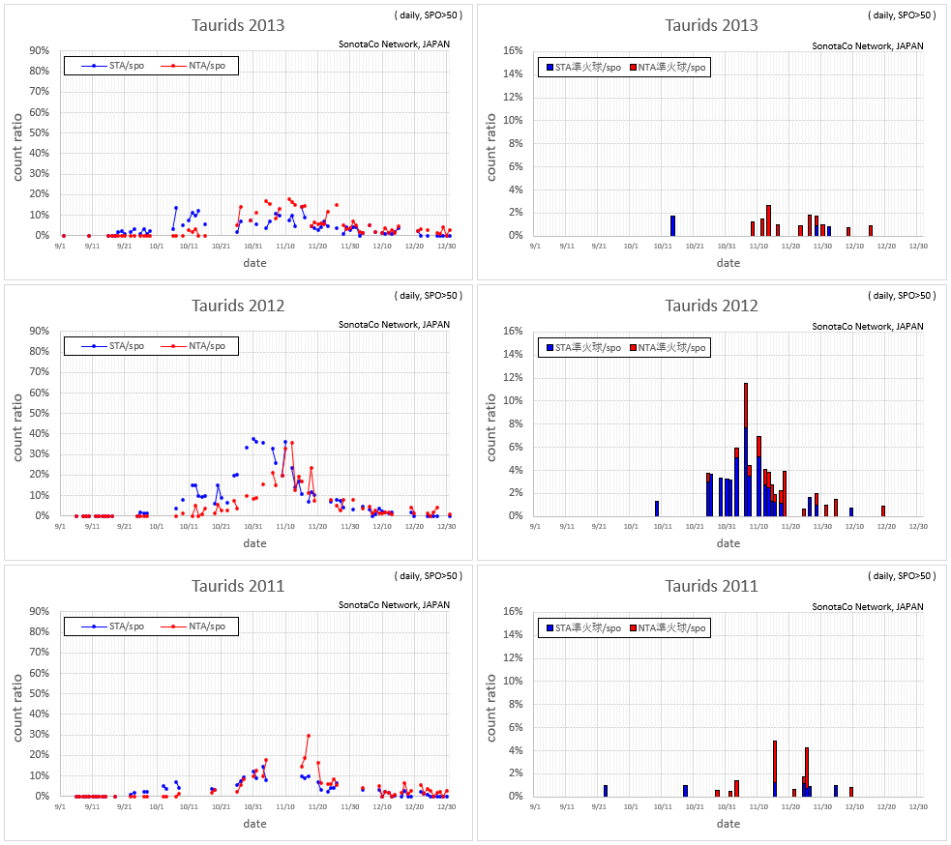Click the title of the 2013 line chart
click(x=238, y=25)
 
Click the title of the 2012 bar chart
click(x=711, y=306)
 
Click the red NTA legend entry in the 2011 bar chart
click(x=669, y=627)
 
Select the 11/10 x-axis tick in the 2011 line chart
click(x=285, y=806)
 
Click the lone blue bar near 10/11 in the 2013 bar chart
click(x=672, y=225)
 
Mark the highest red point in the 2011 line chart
click(x=308, y=736)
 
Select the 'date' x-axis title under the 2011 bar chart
click(x=728, y=824)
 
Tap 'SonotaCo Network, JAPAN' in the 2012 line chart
click(x=394, y=325)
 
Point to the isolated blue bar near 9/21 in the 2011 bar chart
click(x=606, y=791)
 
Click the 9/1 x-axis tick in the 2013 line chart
click(x=60, y=246)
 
